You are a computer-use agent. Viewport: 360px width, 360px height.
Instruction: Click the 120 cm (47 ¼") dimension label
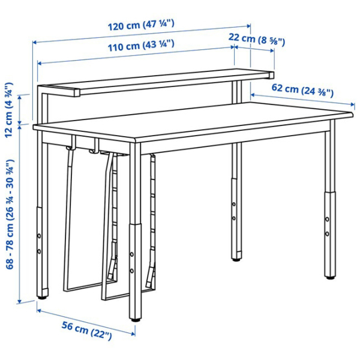[141, 25]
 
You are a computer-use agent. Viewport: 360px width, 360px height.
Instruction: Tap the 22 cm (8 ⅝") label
[256, 40]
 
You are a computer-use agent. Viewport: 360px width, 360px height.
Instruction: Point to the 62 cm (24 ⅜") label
[302, 90]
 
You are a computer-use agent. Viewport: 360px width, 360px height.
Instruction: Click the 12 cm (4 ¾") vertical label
[9, 110]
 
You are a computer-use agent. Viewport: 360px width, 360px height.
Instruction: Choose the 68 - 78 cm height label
[10, 214]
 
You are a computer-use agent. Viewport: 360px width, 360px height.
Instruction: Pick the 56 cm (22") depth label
[87, 331]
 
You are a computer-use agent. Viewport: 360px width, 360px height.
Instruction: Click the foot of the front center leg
[135, 320]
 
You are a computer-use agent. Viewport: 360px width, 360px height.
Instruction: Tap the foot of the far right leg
[331, 278]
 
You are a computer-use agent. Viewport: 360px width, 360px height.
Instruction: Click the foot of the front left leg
[41, 298]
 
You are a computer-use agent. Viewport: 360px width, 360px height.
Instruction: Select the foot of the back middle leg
[236, 260]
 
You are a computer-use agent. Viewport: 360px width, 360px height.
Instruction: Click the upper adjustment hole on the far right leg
[327, 219]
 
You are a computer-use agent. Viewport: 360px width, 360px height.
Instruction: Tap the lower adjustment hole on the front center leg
[132, 271]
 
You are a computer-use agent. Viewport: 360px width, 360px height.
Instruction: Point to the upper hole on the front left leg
[39, 236]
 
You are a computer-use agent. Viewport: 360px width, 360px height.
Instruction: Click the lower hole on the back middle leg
[234, 218]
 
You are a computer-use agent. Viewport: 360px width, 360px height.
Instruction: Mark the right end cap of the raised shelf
[272, 76]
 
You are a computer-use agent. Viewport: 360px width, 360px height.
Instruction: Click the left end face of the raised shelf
[77, 92]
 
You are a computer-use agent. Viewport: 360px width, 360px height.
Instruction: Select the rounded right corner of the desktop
[351, 114]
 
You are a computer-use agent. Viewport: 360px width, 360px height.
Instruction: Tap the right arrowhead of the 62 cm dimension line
[353, 104]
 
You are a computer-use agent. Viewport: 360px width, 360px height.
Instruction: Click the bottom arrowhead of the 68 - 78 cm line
[20, 301]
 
